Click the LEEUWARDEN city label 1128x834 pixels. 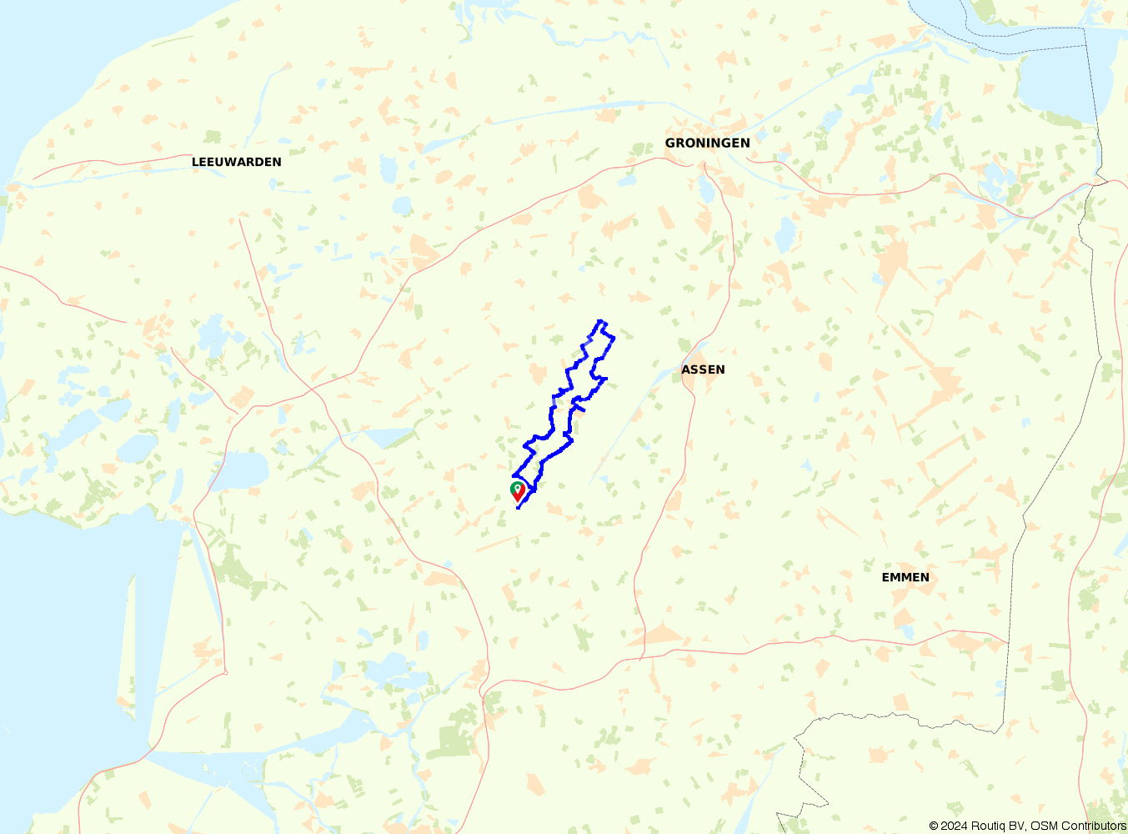[x=237, y=162]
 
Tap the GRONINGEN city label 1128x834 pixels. [x=707, y=143]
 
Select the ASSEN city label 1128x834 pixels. [x=703, y=369]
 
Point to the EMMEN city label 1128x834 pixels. [x=905, y=577]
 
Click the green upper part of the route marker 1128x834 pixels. [x=517, y=488]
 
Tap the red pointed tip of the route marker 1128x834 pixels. [x=519, y=501]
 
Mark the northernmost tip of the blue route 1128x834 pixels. [x=600, y=321]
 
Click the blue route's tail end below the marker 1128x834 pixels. [x=519, y=508]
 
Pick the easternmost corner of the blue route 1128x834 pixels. [x=614, y=338]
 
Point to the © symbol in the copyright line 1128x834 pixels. [x=934, y=826]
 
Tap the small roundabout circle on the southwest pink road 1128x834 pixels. [x=225, y=672]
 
